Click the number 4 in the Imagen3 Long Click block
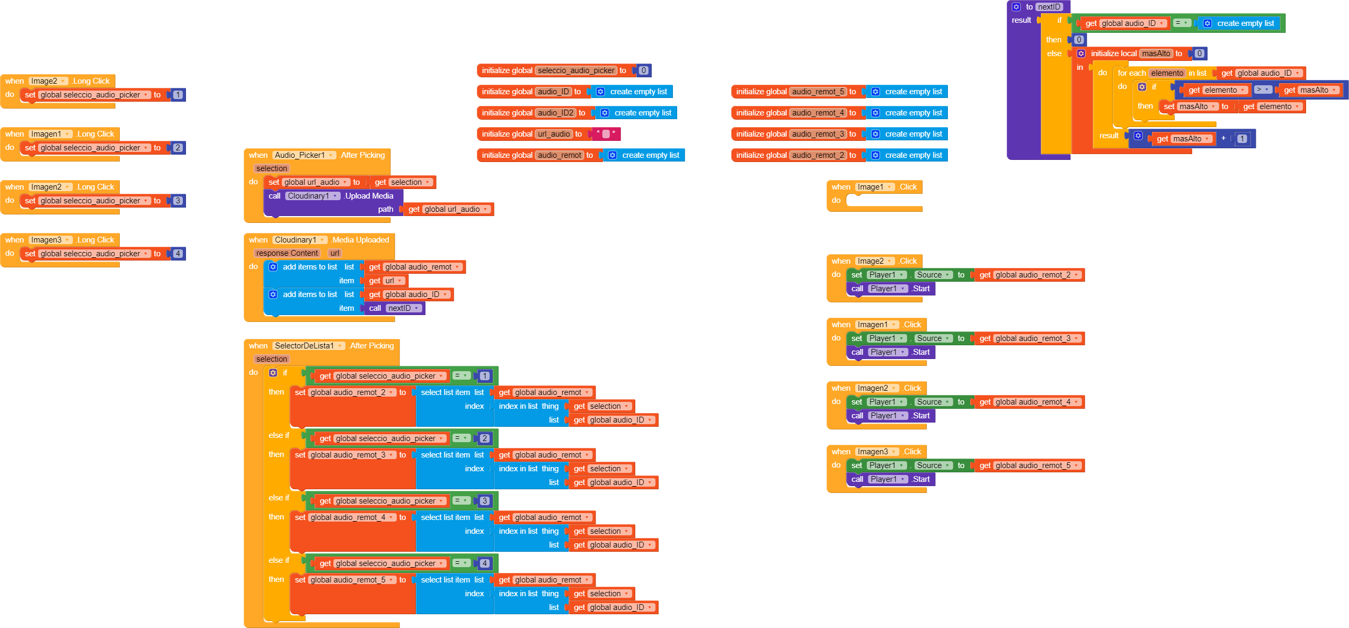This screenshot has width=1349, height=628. [178, 254]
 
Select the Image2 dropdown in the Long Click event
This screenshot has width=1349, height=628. [48, 81]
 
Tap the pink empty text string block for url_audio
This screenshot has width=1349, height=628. [606, 134]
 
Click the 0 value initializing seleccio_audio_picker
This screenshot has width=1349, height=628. [643, 70]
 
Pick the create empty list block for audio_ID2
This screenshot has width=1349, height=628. [637, 113]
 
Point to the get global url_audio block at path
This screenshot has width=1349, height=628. [448, 209]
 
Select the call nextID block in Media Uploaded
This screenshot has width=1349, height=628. [395, 308]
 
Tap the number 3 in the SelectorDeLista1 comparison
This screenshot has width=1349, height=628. [484, 501]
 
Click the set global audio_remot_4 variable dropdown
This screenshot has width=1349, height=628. [352, 517]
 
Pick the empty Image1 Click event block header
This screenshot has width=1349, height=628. [874, 187]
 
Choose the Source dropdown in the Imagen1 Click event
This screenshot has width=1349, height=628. [933, 338]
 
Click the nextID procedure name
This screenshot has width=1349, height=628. [1049, 7]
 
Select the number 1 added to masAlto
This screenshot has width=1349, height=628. [1241, 139]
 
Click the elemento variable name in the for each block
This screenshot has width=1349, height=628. [1167, 73]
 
